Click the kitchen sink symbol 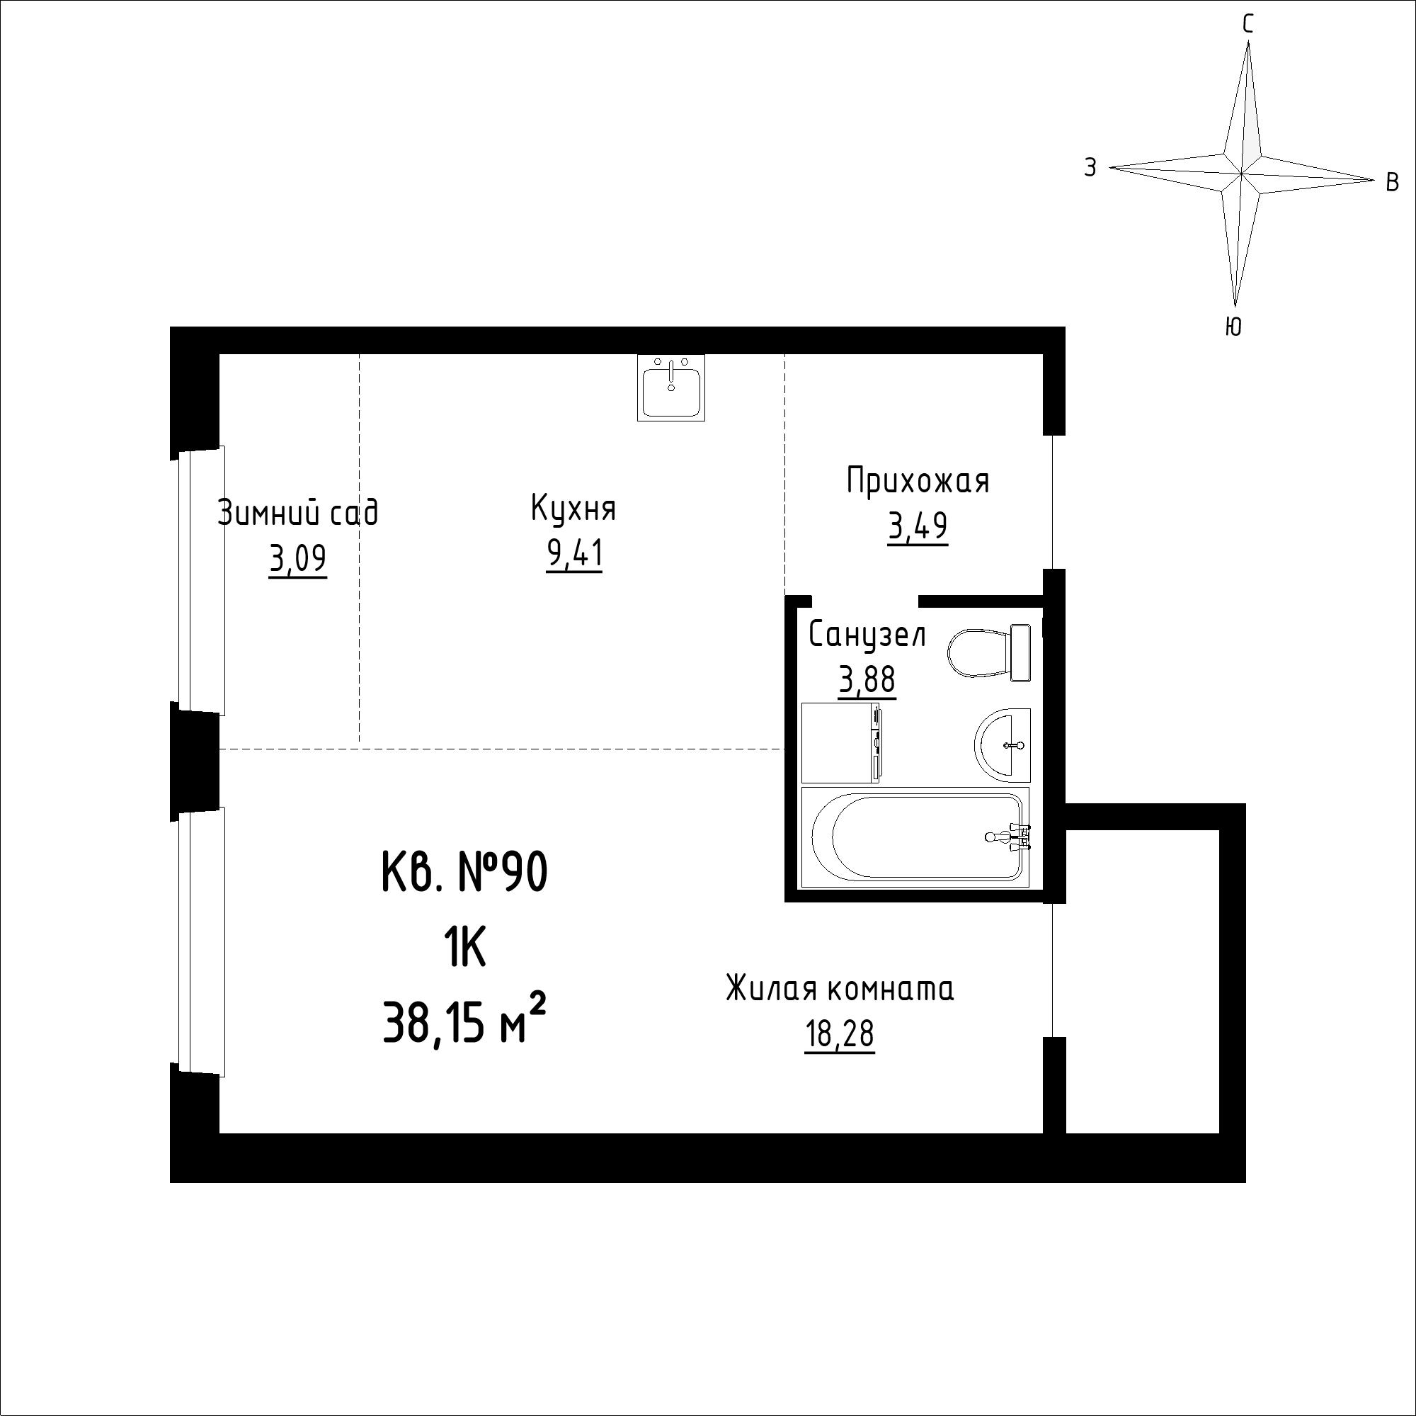670,387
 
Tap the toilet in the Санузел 990,652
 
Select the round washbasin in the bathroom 1002,745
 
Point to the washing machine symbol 841,743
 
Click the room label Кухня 573,509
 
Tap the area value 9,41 575,555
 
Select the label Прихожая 918,482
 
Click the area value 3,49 918,526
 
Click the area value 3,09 297,560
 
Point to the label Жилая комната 840,990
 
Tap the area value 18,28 840,1035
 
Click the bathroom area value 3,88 867,681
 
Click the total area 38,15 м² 464,1021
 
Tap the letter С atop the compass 1247,25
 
